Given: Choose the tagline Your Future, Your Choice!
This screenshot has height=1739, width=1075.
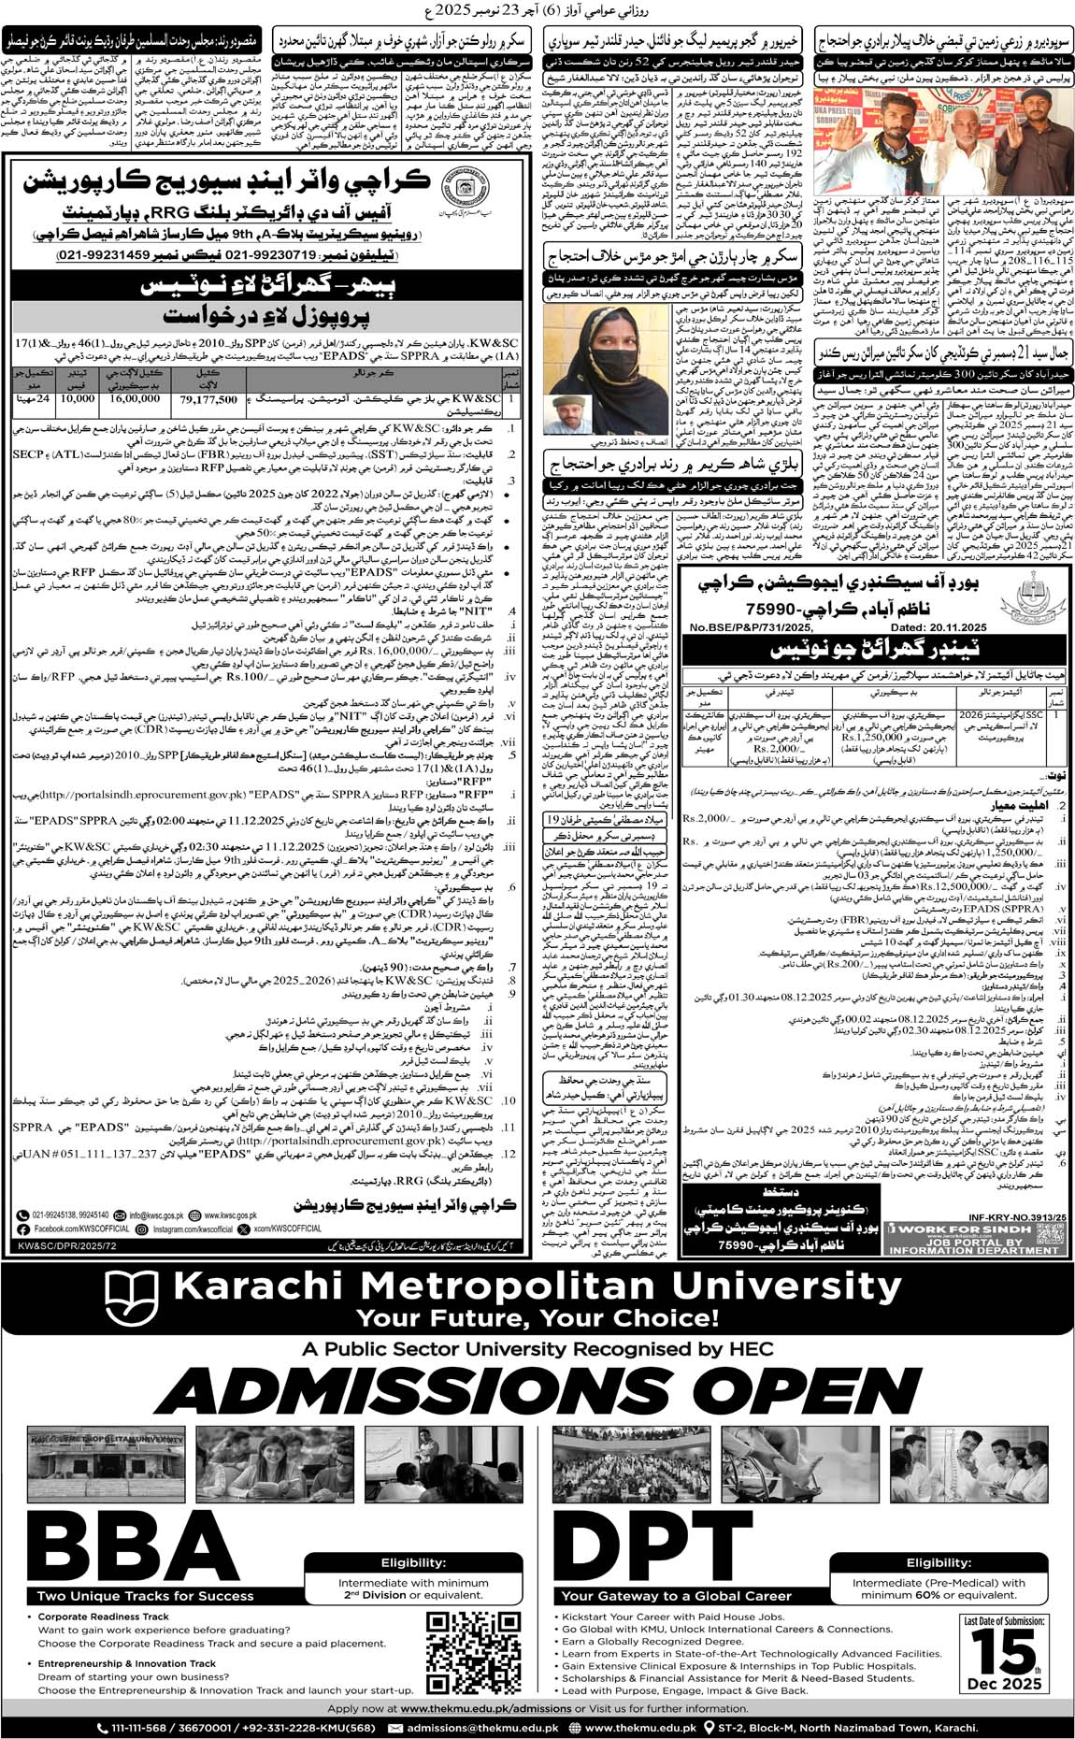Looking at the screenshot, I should (x=537, y=1318).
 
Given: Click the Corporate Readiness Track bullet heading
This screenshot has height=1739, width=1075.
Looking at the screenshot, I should (x=103, y=1616).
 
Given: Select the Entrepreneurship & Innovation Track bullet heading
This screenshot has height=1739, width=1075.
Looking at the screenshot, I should (x=126, y=1663).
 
